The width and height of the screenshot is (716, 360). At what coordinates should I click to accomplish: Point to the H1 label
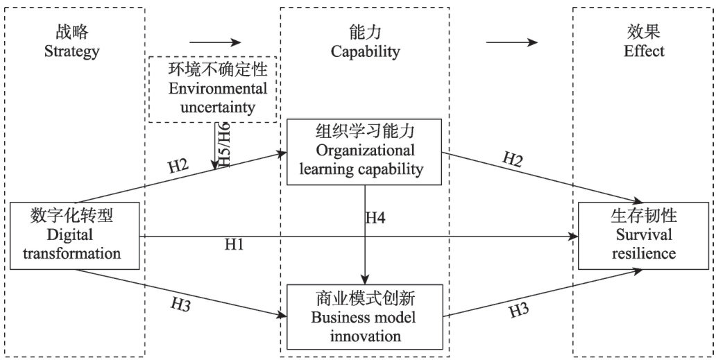[x=233, y=245]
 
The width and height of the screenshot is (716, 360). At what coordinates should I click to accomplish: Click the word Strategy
[x=72, y=51]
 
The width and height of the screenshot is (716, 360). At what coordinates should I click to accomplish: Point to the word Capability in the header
[x=365, y=52]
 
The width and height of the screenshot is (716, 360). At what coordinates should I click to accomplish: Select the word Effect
[x=643, y=51]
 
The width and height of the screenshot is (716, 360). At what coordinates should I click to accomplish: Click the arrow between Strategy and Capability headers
[x=214, y=42]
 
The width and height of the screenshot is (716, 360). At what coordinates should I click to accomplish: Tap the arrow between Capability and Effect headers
[x=511, y=42]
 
